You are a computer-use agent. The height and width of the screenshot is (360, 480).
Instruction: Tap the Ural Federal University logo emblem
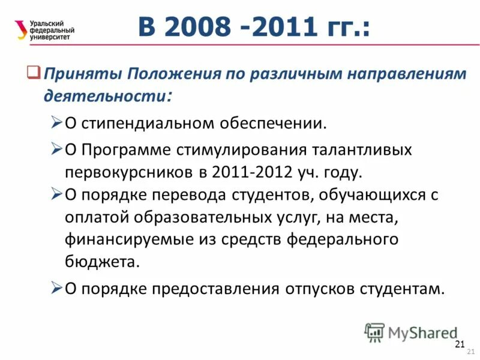[22, 29]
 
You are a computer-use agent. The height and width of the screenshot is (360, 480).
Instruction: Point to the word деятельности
[106, 95]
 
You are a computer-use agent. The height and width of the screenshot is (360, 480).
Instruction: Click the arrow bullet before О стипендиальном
[56, 123]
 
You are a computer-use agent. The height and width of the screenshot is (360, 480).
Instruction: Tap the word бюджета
[101, 262]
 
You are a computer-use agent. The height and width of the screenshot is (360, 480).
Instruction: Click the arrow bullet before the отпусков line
[56, 288]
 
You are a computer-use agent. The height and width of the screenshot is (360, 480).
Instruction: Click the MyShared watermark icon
[374, 332]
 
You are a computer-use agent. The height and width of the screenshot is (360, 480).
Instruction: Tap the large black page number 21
[460, 344]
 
